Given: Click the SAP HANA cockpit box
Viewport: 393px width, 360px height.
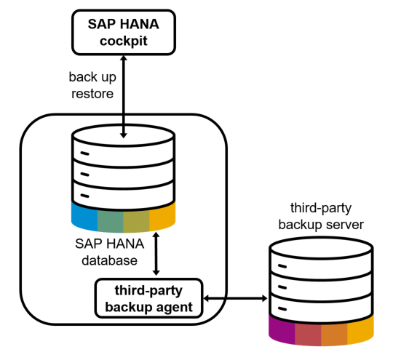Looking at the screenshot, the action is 124,32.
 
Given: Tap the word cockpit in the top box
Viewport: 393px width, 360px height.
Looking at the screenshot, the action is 124,41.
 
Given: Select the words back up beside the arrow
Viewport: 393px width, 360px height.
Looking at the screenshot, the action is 92,77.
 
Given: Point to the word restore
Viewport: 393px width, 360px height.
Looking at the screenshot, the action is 92,94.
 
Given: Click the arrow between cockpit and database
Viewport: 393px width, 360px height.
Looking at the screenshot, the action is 124,97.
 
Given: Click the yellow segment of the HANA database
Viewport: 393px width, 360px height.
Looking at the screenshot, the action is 162,215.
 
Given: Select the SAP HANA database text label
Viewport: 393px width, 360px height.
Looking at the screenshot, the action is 109,252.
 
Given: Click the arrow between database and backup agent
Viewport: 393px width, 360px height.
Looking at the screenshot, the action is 156,254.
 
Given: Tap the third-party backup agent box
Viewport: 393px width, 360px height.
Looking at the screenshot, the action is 148,298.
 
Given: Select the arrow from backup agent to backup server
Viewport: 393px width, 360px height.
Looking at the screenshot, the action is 235,298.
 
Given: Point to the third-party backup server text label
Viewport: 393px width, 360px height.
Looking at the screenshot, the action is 321,216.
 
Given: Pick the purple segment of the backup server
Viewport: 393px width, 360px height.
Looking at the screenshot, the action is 282,329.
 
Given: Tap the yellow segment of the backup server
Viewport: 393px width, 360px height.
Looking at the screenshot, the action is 361,329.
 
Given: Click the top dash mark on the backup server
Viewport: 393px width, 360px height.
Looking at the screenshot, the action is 282,266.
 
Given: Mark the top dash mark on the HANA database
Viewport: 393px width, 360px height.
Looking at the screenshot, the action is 84,153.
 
